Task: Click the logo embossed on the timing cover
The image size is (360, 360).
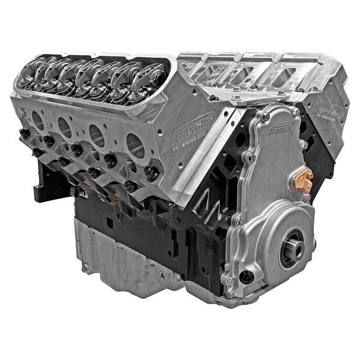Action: [280, 128]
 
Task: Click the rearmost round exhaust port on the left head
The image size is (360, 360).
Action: [37, 120]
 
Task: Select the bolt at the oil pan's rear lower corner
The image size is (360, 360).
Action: [86, 268]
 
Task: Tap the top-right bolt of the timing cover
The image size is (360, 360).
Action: [295, 112]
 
